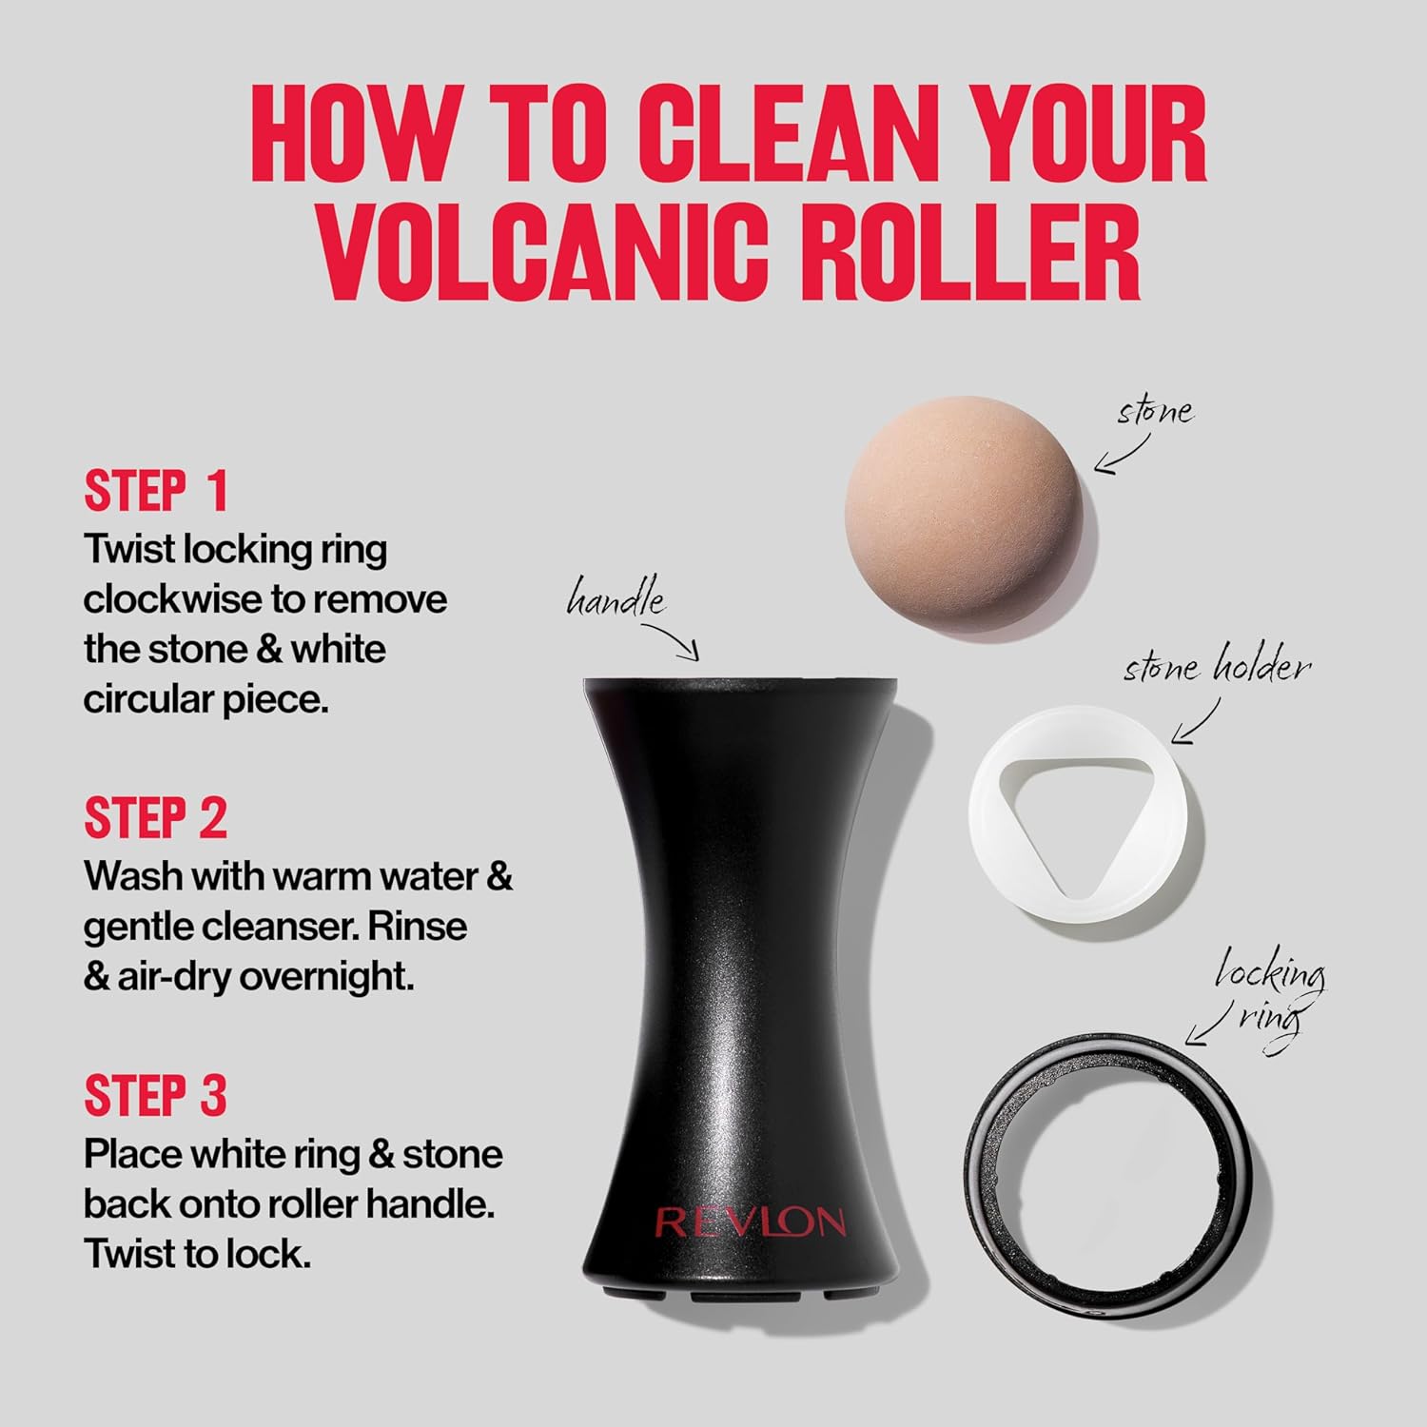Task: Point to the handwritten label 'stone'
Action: tap(1155, 412)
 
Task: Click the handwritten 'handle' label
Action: tap(616, 601)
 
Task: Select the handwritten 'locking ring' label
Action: tap(1271, 994)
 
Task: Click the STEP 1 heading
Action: tap(156, 491)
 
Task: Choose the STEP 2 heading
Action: tap(156, 818)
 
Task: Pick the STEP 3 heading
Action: tap(156, 1095)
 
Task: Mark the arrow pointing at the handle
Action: tap(674, 638)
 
